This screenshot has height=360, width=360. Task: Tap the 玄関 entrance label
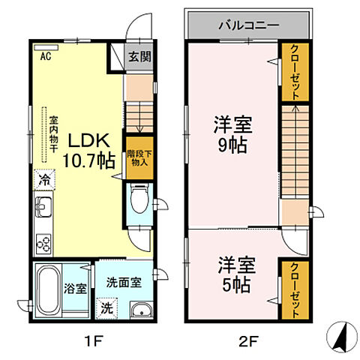tap(137, 56)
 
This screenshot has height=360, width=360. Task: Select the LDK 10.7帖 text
tap(91, 148)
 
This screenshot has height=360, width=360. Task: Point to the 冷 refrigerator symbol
tap(44, 180)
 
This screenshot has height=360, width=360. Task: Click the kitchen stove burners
tap(44, 243)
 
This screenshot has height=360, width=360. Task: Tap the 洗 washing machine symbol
tap(106, 307)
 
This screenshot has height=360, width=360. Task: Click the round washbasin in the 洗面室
tap(136, 312)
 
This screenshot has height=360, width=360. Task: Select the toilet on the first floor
tap(138, 200)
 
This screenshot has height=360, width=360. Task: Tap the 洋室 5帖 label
tap(236, 274)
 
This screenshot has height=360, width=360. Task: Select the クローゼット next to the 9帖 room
tap(295, 73)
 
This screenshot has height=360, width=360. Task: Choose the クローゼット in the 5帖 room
tap(295, 289)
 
